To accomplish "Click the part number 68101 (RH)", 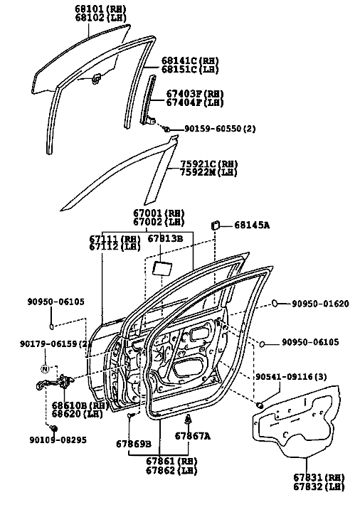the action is (100, 9).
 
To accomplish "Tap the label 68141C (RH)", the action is (190, 61).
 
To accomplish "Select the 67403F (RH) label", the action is (195, 93).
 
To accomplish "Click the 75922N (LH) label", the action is (208, 172).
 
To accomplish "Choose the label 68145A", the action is (252, 225).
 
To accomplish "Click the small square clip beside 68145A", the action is (215, 225).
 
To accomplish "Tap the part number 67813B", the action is (165, 238).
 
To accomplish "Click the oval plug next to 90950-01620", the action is (275, 303).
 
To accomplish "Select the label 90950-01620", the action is (320, 304).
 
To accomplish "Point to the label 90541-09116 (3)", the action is (291, 376).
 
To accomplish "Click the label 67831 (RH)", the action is (319, 477).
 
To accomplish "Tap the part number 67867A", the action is (192, 436).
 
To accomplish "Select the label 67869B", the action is (134, 444).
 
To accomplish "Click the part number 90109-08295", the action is (58, 440).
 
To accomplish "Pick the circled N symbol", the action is (45, 368).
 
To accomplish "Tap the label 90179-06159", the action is (49, 344).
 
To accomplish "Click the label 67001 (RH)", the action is (159, 213).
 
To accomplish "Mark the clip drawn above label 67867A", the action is (189, 420).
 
